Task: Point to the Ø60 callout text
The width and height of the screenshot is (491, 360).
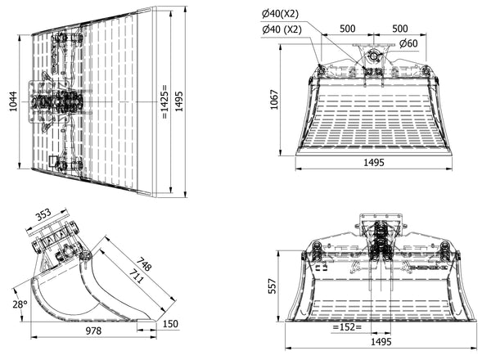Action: click(410, 43)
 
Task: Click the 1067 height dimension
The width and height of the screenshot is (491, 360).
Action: click(277, 99)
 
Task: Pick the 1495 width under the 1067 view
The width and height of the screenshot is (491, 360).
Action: click(373, 163)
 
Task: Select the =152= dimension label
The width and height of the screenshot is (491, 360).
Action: click(349, 327)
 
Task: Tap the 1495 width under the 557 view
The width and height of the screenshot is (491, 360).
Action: click(373, 344)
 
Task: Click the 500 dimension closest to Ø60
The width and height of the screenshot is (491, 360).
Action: click(400, 28)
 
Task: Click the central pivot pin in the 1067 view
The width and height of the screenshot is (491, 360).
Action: click(373, 56)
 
